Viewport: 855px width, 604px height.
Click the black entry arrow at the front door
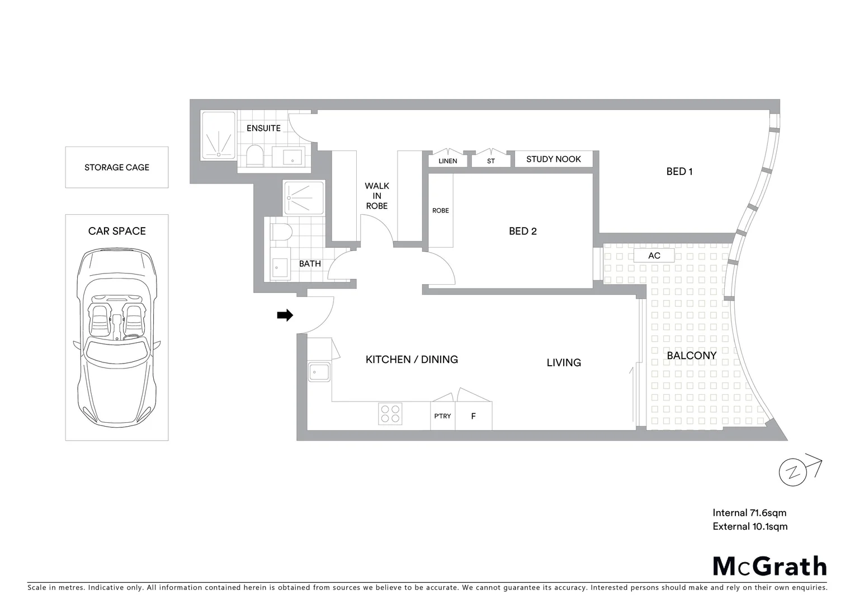point(285,315)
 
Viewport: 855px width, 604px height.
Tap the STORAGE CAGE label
point(117,167)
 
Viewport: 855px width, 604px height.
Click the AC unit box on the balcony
point(654,256)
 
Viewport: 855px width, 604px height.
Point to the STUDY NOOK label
point(553,159)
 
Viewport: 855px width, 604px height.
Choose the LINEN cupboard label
point(447,161)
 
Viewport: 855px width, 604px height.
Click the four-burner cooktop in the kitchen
point(390,413)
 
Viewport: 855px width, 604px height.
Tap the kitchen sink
point(319,371)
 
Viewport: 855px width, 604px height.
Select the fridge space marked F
point(474,416)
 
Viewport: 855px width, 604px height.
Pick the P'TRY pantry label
point(442,416)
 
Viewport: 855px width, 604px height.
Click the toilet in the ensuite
point(254,156)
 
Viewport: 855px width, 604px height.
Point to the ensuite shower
point(218,135)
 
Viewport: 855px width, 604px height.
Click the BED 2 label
point(522,231)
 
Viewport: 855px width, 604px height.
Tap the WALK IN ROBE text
point(377,196)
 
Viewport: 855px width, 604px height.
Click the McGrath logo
point(769,566)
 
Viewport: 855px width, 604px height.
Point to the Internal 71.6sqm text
point(749,512)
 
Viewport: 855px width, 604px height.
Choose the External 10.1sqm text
point(750,526)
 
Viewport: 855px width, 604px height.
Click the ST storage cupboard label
point(491,161)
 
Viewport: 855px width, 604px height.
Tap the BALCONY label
point(691,355)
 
